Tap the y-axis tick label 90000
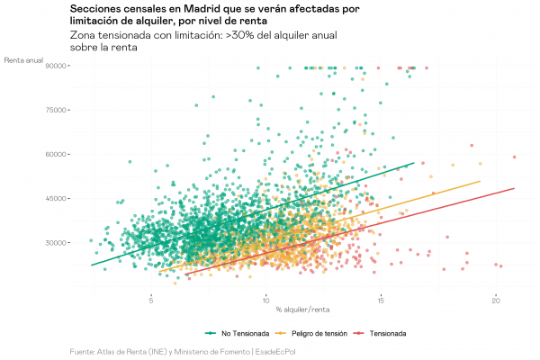tap(58, 66)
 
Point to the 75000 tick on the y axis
tap(58, 110)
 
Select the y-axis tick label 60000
tap(58, 154)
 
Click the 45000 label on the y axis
tap(58, 198)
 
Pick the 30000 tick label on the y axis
tap(58, 242)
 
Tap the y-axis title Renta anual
tap(24, 60)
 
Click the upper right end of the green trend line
tap(413, 163)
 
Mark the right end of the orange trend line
tap(480, 181)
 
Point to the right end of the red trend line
tap(514, 188)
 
